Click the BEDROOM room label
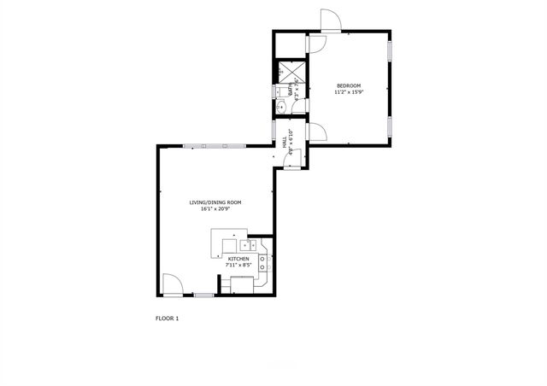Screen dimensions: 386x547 (349, 85)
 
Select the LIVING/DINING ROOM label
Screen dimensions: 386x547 (215, 202)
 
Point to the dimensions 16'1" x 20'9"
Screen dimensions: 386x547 (215, 209)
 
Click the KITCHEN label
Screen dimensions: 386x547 (238, 258)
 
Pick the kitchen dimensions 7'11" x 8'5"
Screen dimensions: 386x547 (238, 265)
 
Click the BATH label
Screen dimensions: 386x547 (291, 89)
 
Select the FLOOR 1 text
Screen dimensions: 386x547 (167, 319)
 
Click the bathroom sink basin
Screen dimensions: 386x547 (280, 108)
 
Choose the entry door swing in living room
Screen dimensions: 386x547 (170, 284)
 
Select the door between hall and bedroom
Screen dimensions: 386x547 (315, 132)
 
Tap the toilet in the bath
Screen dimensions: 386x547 (279, 90)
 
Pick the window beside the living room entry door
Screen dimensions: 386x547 (203, 295)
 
